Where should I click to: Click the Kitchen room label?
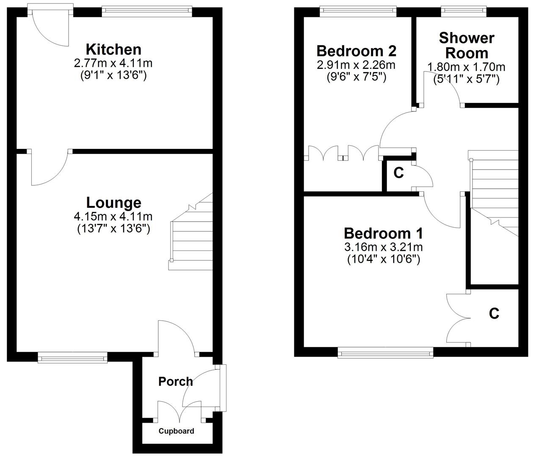[x=113, y=50]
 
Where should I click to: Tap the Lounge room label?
[x=113, y=203]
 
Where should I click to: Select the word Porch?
[x=175, y=381]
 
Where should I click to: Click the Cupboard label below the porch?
[x=176, y=431]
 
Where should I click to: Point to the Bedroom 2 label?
[x=356, y=51]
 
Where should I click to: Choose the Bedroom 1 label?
[x=383, y=233]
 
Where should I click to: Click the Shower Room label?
[x=467, y=46]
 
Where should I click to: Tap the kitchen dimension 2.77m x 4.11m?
[x=113, y=63]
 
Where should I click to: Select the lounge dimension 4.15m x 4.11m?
[x=113, y=217]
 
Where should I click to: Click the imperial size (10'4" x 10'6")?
[x=383, y=259]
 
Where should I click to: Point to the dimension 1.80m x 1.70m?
[x=466, y=67]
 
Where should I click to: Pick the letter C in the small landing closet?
[x=398, y=173]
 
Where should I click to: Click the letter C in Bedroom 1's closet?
[x=494, y=314]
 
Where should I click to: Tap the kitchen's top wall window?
[x=147, y=11]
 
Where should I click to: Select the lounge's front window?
[x=72, y=359]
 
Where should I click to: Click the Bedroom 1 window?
[x=385, y=352]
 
